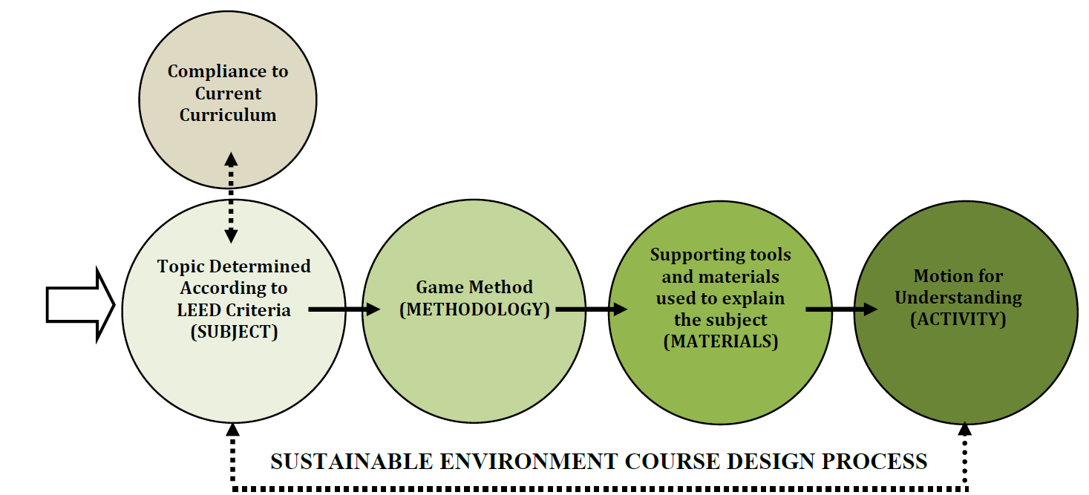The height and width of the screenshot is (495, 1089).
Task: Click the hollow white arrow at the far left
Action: (x=81, y=305)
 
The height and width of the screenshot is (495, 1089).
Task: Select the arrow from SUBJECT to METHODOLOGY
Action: (x=344, y=309)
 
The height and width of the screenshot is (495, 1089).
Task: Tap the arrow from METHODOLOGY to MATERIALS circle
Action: (x=592, y=309)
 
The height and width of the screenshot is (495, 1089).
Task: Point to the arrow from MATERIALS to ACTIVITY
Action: (x=842, y=309)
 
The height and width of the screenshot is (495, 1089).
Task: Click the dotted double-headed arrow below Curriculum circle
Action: (x=231, y=197)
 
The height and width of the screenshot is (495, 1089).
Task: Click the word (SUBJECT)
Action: (x=235, y=332)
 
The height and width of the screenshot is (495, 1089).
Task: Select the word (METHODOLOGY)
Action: (x=474, y=309)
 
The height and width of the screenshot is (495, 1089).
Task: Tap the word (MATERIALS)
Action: (x=721, y=341)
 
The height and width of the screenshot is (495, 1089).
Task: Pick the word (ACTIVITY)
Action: (x=958, y=319)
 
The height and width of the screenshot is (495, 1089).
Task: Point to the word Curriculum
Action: (x=228, y=115)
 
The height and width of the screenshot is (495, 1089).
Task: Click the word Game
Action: (x=437, y=287)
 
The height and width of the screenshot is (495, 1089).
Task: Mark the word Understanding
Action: (x=958, y=298)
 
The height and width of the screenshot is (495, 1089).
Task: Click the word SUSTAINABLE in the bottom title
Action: (x=352, y=462)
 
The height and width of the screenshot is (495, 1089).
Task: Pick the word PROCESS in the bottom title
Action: (x=874, y=462)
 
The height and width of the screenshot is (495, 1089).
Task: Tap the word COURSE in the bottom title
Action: (x=671, y=462)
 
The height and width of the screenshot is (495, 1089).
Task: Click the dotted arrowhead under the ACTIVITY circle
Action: (x=964, y=430)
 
